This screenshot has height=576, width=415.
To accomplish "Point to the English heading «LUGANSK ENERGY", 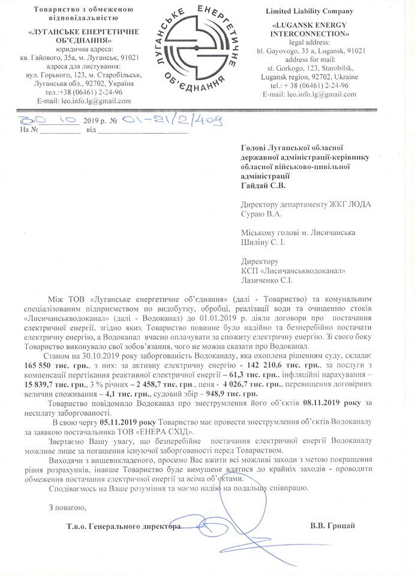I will [311, 26].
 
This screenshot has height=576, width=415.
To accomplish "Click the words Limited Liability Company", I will [311, 12].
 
